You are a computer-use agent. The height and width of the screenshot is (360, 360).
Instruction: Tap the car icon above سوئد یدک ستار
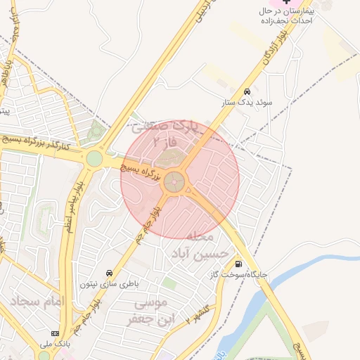(247, 92)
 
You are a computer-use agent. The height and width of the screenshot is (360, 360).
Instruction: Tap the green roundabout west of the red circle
(94, 159)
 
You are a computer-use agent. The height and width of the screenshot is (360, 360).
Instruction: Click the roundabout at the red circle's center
(175, 184)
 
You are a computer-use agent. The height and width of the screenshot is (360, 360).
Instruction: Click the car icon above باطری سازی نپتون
(109, 272)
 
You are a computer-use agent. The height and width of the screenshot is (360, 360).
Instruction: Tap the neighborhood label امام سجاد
(37, 302)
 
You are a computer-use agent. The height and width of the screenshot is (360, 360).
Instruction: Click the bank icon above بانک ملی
(54, 333)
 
